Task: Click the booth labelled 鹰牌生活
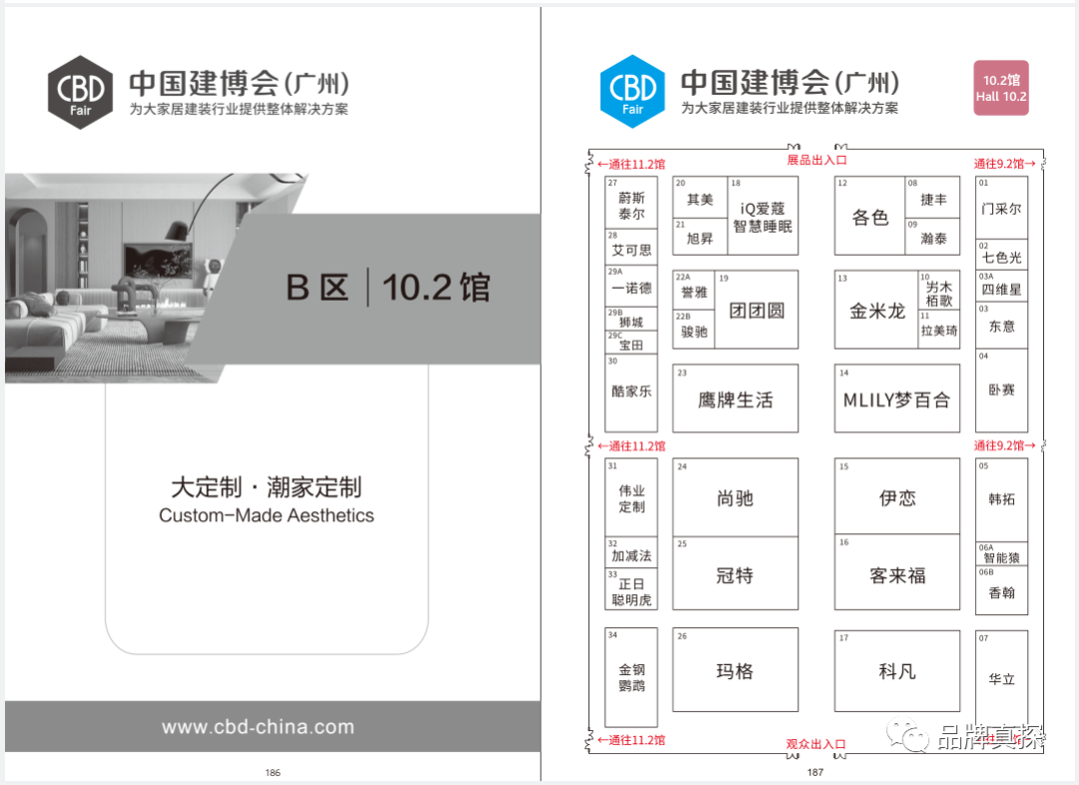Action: point(735,399)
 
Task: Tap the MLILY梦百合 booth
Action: point(896,399)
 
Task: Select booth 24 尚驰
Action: point(735,498)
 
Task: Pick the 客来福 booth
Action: point(896,575)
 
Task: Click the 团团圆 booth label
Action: point(756,311)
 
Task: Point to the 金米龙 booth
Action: point(877,311)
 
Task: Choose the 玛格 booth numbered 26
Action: point(735,671)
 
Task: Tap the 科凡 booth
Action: point(896,671)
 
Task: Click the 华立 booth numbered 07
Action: point(1001,679)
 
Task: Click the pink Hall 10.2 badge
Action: point(1001,88)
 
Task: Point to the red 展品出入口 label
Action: point(816,160)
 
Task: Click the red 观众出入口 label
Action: point(815,744)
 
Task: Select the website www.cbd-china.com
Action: point(258,727)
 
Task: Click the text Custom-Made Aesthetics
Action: point(267,516)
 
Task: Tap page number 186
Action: point(273,772)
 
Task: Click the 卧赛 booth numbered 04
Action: point(1001,391)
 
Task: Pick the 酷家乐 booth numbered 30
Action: point(631,392)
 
